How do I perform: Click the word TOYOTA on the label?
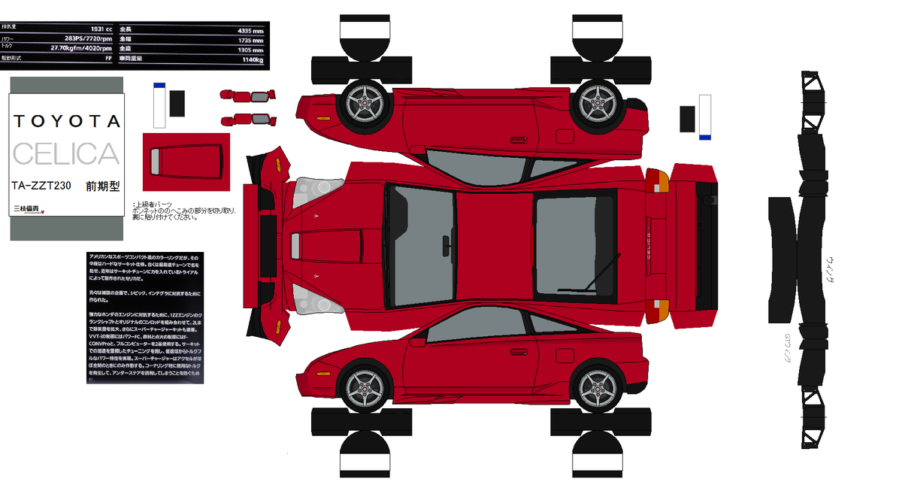(x=66, y=122)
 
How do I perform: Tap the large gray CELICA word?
(x=66, y=153)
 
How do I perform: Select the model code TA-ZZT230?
(x=41, y=186)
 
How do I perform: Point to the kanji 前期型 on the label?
(x=103, y=186)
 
